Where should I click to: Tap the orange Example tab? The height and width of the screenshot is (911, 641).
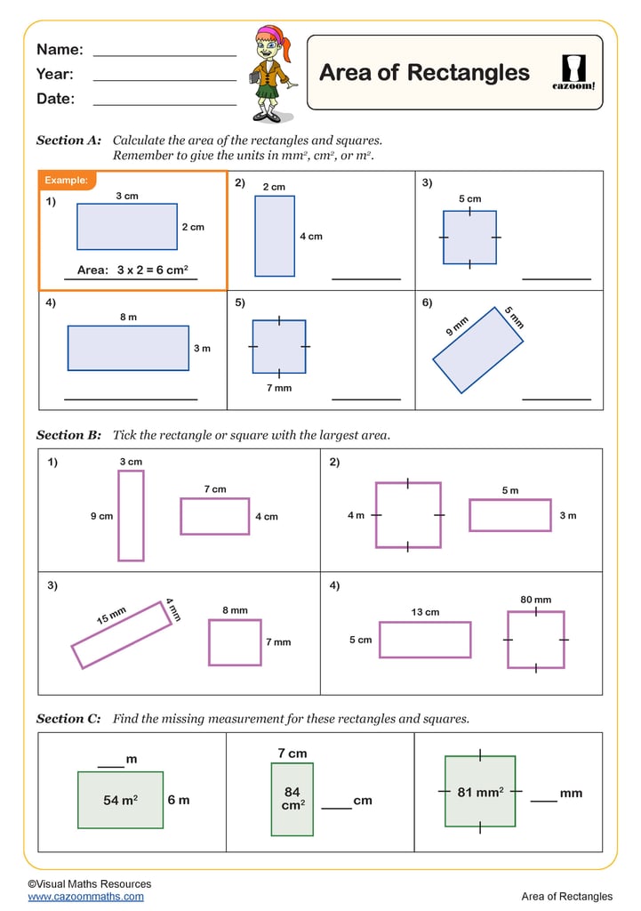pyautogui.click(x=66, y=181)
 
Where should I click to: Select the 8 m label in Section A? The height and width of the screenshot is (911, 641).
pyautogui.click(x=128, y=317)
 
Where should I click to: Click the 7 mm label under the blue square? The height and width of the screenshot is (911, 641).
pyautogui.click(x=278, y=388)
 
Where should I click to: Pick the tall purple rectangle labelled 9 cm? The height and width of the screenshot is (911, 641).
pyautogui.click(x=131, y=516)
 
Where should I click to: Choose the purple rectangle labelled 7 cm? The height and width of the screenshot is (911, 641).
pyautogui.click(x=214, y=516)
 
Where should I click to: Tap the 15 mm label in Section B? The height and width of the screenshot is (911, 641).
pyautogui.click(x=112, y=615)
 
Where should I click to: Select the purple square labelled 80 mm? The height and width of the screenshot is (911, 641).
pyautogui.click(x=536, y=639)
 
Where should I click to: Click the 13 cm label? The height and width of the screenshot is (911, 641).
pyautogui.click(x=425, y=612)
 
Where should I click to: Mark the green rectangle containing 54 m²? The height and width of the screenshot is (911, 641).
pyautogui.click(x=120, y=800)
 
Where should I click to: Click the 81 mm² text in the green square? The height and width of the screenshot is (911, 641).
pyautogui.click(x=480, y=792)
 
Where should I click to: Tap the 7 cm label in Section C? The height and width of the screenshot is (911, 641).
pyautogui.click(x=292, y=754)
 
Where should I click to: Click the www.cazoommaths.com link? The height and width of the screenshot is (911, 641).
pyautogui.click(x=85, y=897)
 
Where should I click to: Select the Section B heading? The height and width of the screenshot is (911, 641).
pyautogui.click(x=68, y=435)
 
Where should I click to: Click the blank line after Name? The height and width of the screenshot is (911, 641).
pyautogui.click(x=164, y=55)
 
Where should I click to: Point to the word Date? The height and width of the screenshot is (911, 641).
pyautogui.click(x=55, y=99)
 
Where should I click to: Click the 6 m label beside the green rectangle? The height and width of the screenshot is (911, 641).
pyautogui.click(x=179, y=800)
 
